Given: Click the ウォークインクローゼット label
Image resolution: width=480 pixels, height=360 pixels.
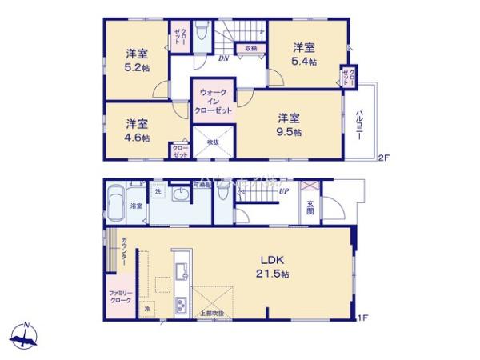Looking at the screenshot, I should coord(212,102).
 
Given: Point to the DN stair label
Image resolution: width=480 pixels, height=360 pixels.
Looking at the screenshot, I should coord(224,58).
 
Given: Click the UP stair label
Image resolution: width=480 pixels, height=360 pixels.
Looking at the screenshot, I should coord(283,190).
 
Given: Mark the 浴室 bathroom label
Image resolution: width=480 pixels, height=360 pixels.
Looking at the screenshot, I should coord(137,206).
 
